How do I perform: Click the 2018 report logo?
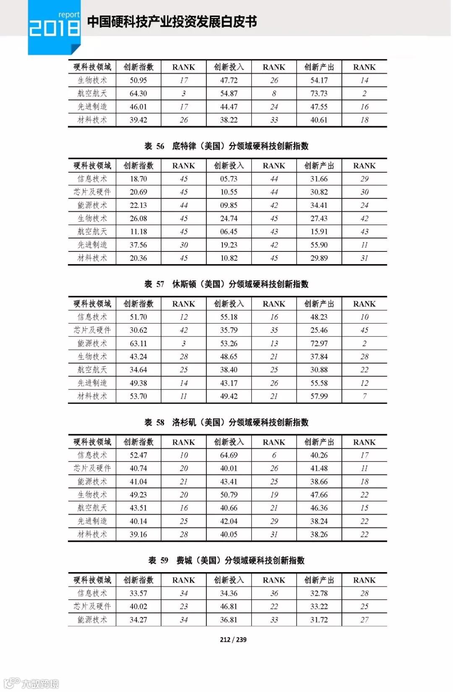54,26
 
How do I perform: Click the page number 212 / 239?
233,639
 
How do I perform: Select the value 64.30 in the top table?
138,93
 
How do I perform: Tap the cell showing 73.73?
319,93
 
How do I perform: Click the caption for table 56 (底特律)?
226,146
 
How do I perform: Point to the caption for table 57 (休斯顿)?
226,284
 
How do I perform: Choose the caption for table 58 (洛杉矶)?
226,422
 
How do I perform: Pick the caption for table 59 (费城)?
226,560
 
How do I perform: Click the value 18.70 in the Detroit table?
138,179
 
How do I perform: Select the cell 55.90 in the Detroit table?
319,245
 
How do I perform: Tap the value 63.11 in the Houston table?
138,344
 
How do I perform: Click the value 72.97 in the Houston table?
319,344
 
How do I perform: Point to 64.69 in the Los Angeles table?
229,455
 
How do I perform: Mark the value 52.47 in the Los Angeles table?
138,455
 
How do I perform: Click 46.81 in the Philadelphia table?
229,606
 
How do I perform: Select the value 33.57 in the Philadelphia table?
138,593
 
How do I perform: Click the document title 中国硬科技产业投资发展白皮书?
172,22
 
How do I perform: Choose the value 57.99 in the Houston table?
319,396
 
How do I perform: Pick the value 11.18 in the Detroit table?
138,231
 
